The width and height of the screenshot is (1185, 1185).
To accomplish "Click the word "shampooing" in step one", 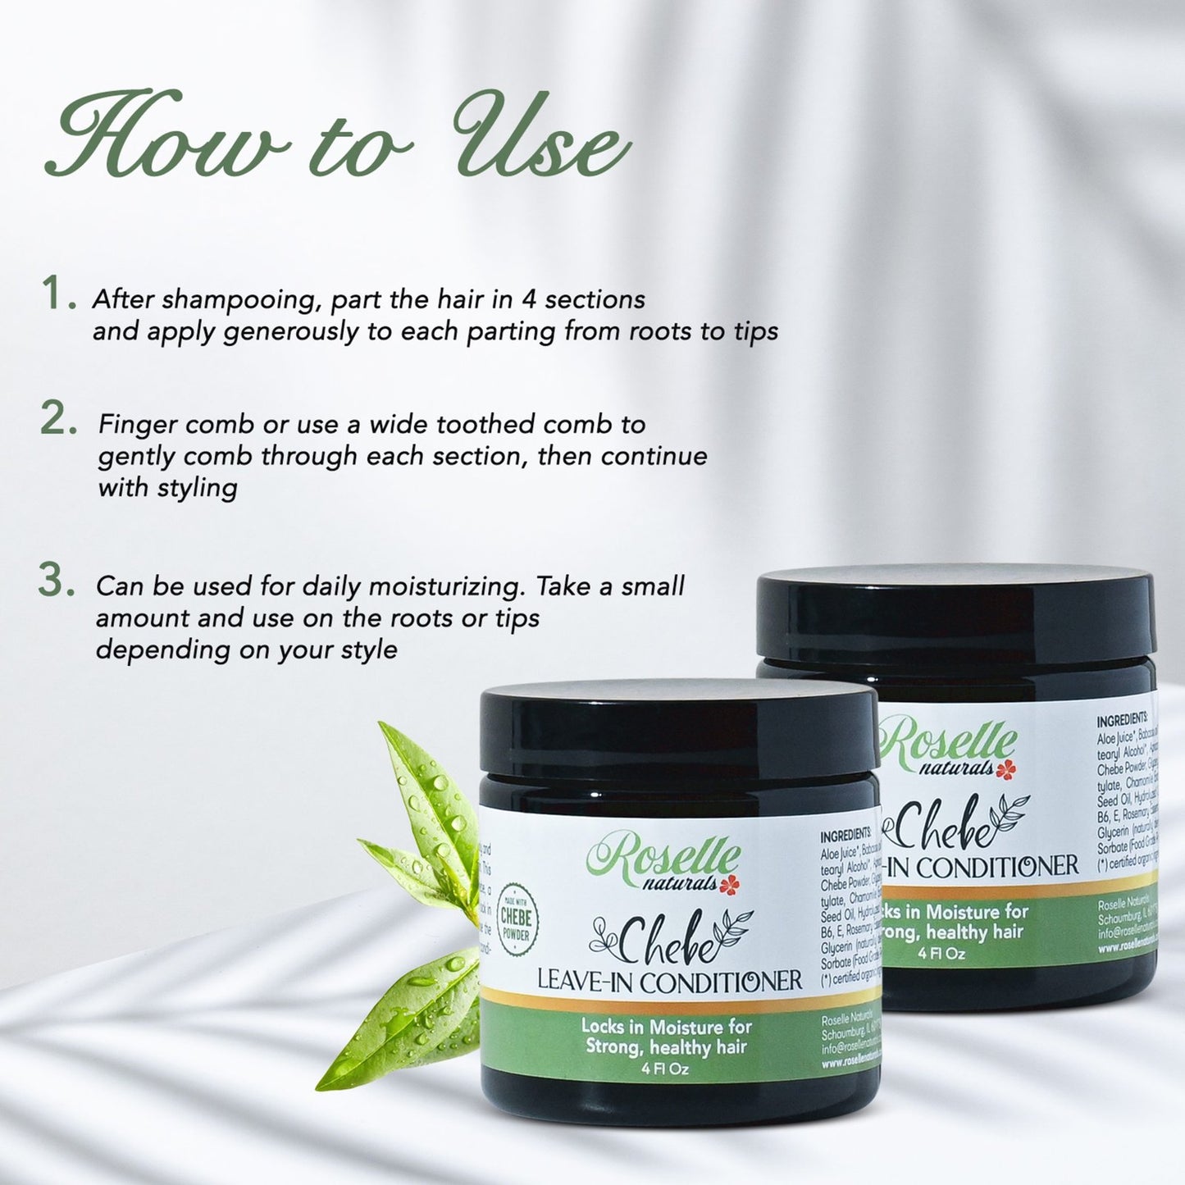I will click(238, 300).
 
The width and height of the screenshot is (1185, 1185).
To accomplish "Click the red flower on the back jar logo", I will click(1007, 768).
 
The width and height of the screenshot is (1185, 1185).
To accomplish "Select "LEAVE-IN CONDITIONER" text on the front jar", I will click(669, 981).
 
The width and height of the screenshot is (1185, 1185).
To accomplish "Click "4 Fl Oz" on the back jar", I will click(941, 953).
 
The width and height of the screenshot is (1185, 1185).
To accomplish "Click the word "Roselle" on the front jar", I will click(664, 858).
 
